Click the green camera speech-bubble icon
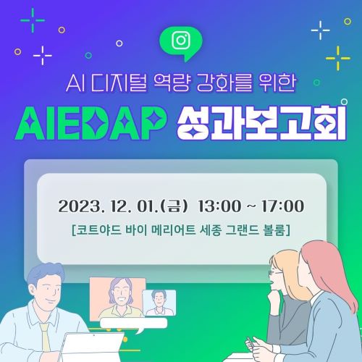point(180,41)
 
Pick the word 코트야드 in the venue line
point(94,231)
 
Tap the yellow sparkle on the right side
point(337,56)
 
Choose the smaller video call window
point(159,302)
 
